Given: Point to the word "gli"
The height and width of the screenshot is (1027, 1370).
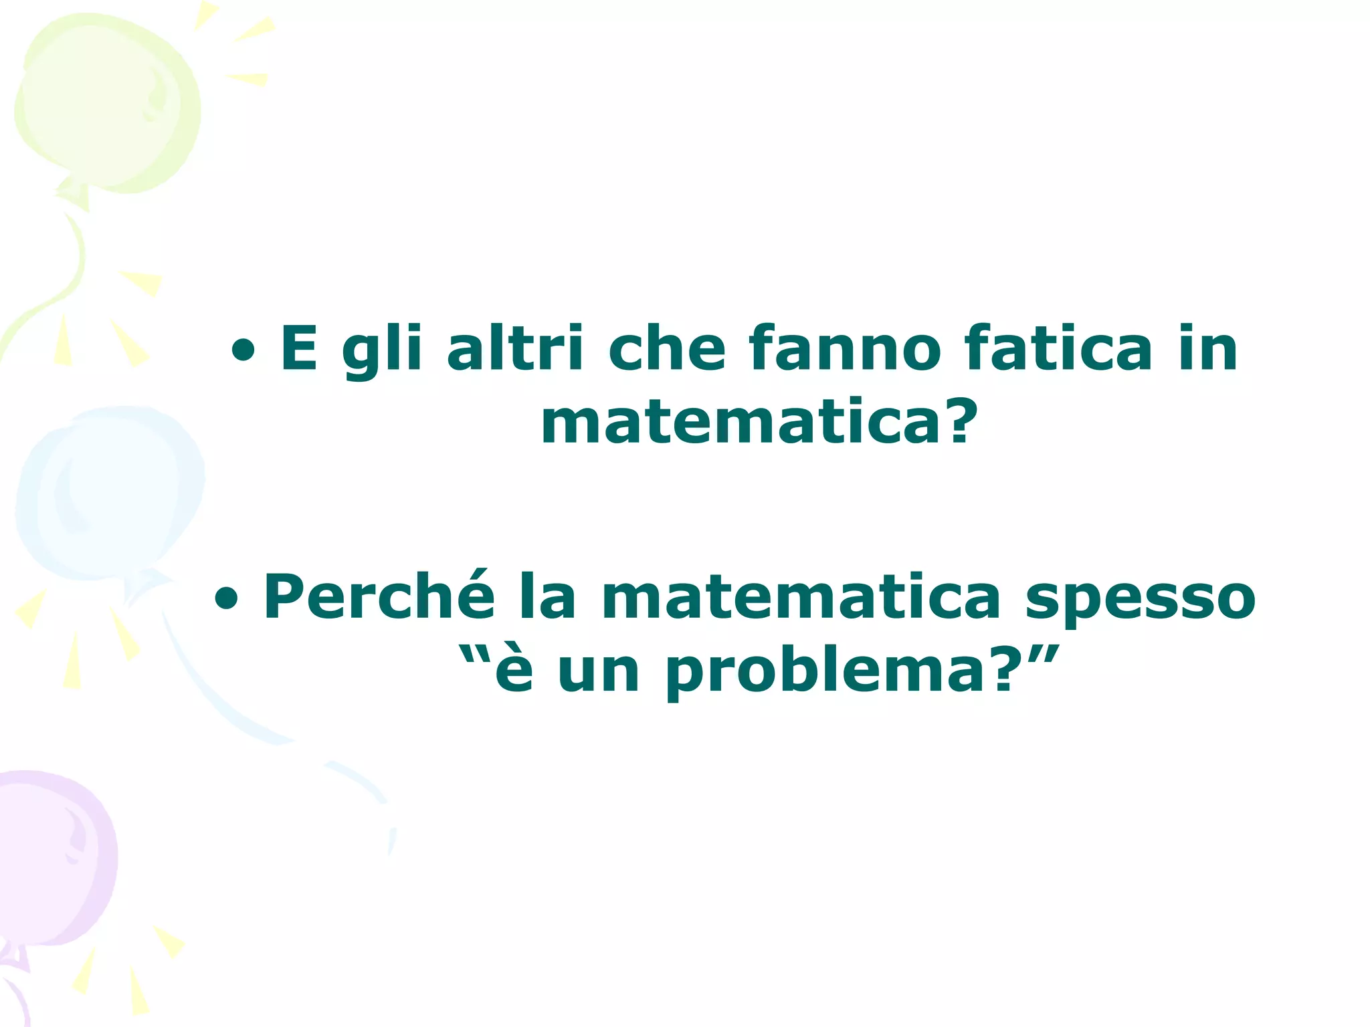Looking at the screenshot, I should tap(382, 349).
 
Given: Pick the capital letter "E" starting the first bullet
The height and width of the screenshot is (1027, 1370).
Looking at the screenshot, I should tap(299, 348).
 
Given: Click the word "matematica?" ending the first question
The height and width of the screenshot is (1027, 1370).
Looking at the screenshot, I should tap(760, 423).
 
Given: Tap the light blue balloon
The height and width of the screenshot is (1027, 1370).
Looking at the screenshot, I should tap(107, 495).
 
